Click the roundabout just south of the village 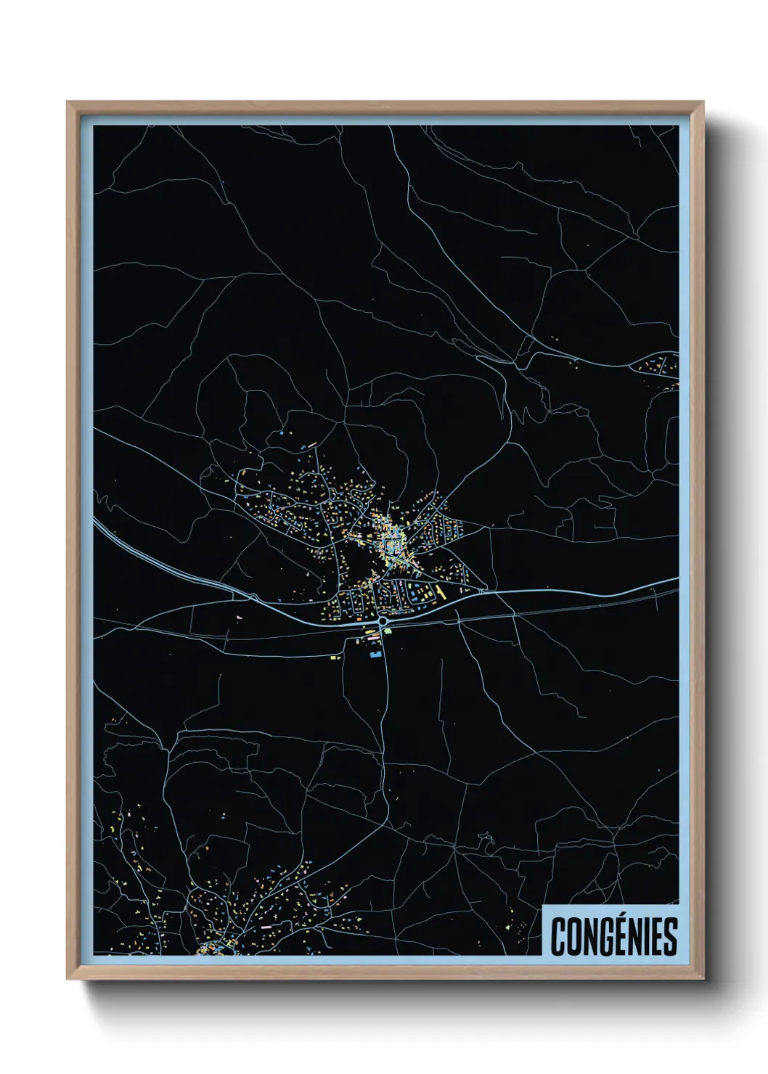383,622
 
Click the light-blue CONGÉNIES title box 610,930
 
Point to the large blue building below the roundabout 375,655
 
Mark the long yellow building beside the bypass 440,594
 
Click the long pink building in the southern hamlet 266,927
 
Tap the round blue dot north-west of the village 282,433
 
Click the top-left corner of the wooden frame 68,102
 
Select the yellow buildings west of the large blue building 335,657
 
